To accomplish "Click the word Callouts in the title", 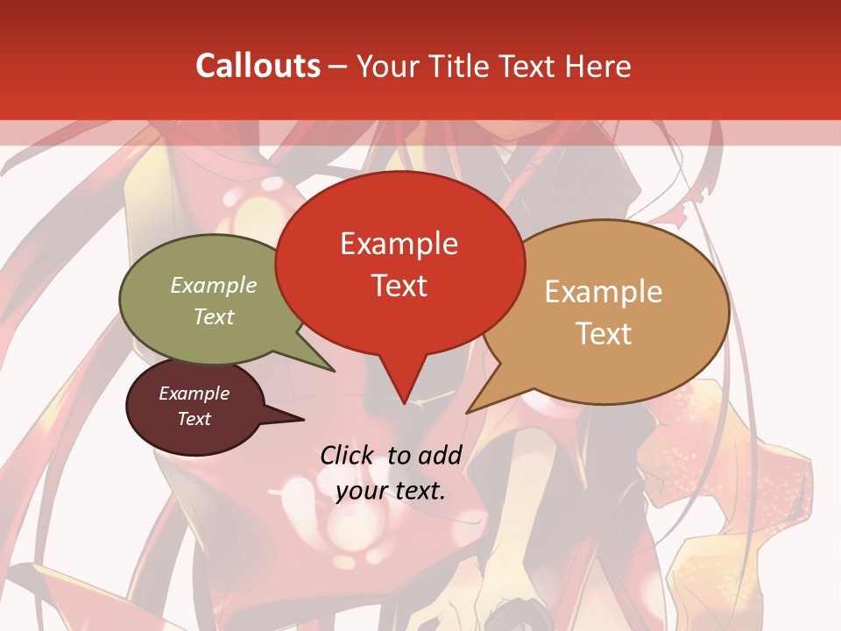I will tap(258, 66).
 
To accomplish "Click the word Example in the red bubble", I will tap(399, 244).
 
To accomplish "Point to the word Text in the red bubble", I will tap(399, 285).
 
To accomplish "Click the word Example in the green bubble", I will tap(214, 285).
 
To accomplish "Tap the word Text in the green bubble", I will tap(214, 316).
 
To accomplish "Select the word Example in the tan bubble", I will tap(604, 292).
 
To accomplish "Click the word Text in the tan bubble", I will tap(604, 333).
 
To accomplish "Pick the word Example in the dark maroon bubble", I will tap(194, 393).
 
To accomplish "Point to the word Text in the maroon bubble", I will tap(194, 419).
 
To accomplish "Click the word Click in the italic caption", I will tap(346, 455).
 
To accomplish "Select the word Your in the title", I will tap(382, 66).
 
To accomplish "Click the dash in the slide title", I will tap(339, 66).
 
